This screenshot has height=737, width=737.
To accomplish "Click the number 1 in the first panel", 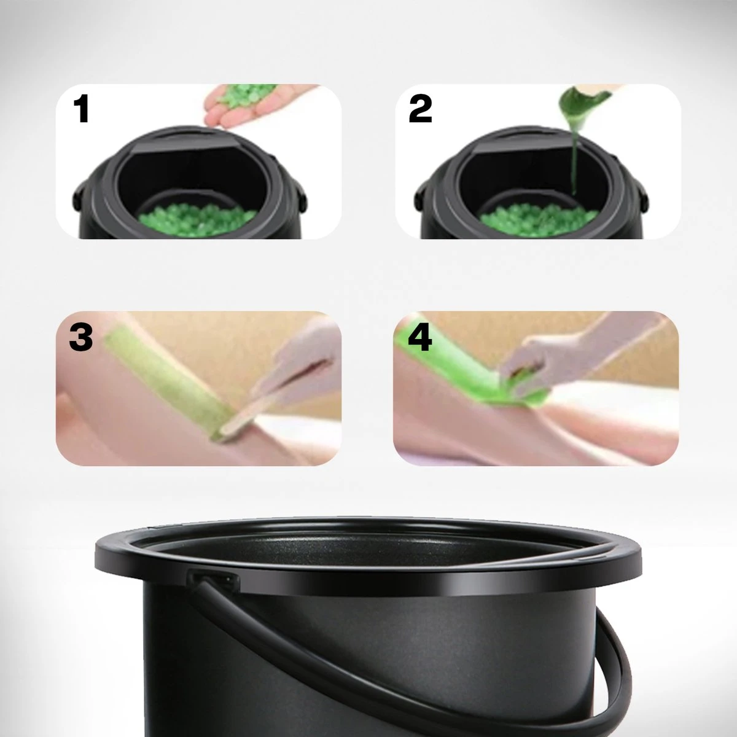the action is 82,109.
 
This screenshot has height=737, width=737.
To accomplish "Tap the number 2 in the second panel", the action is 420,109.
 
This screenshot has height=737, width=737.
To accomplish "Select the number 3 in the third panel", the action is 80,337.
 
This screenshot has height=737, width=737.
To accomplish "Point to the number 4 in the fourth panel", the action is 420,337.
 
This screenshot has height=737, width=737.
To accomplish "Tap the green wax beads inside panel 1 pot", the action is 197,219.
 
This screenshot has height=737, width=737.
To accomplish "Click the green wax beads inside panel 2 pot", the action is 539,219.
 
